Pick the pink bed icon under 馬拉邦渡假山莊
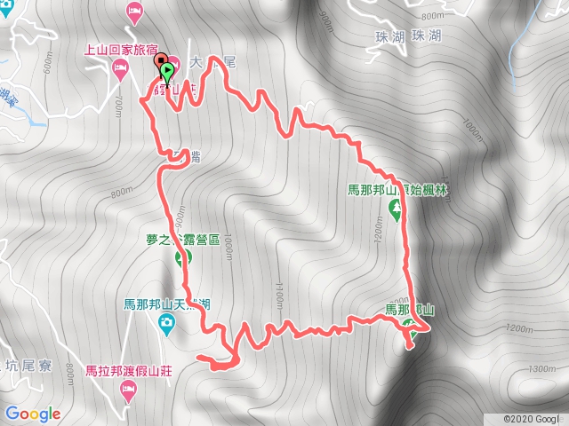coord(128,390)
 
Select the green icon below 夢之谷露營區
coord(185,259)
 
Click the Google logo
coord(32,414)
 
